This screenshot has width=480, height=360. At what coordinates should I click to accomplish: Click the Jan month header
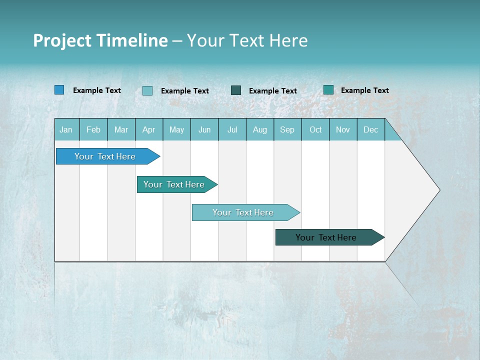point(66,129)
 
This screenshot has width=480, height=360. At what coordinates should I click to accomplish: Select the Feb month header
point(93,129)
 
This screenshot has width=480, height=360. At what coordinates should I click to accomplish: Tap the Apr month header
point(149,129)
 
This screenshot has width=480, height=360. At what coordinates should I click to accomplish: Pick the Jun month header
point(204,129)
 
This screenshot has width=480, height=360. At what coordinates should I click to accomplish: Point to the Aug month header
point(260,129)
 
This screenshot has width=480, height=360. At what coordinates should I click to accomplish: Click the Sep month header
point(287,129)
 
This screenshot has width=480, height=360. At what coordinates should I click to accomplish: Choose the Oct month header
point(315,129)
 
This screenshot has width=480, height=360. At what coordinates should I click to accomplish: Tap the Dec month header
point(371,129)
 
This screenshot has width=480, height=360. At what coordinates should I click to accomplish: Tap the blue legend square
point(59,90)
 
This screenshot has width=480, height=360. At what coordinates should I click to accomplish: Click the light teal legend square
point(147,90)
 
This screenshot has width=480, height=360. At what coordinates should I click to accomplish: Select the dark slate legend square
point(236,90)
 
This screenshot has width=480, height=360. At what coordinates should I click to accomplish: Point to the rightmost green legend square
point(328,89)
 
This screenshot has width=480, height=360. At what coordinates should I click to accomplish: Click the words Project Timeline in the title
point(100,40)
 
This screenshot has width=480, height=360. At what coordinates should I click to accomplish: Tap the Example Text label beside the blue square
point(97,90)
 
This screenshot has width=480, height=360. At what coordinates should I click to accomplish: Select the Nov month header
point(343,129)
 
